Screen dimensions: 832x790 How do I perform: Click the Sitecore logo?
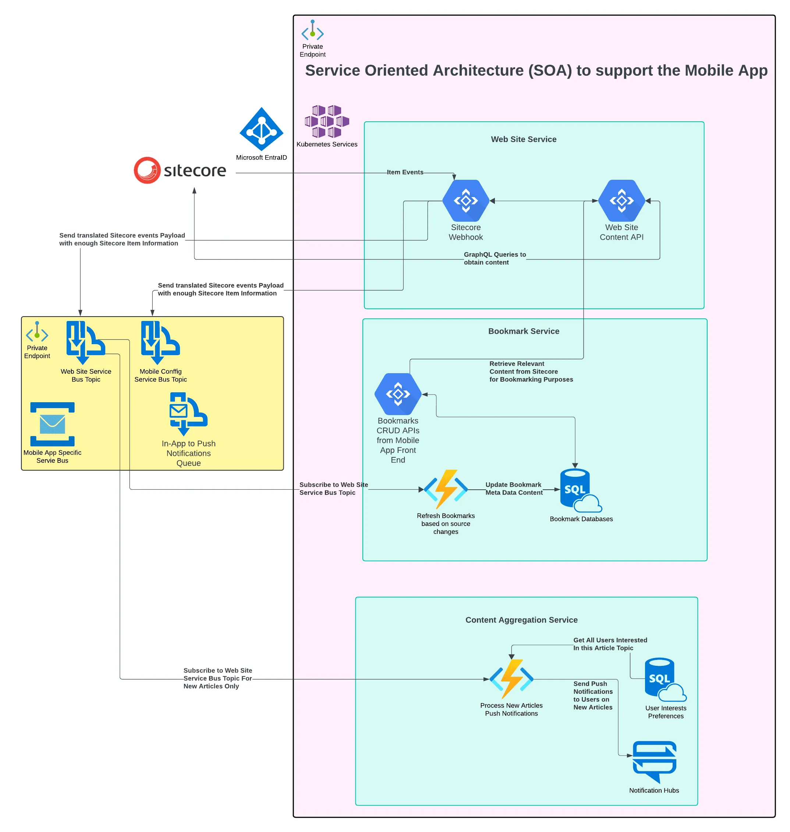click(180, 171)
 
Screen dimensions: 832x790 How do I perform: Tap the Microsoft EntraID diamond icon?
click(261, 129)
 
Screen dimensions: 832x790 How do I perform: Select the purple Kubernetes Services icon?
click(327, 121)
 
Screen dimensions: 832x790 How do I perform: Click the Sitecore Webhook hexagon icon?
click(465, 201)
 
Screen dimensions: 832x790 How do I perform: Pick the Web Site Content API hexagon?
click(621, 201)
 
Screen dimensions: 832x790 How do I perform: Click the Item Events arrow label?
click(405, 172)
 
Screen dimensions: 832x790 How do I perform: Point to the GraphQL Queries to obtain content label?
click(495, 258)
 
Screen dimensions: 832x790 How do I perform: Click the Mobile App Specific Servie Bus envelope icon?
click(52, 424)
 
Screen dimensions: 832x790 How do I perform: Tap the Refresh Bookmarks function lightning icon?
click(446, 489)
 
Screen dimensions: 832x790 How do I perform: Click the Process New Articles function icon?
click(511, 679)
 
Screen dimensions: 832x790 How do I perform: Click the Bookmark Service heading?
click(524, 331)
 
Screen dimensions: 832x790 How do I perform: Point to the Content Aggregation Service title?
click(521, 620)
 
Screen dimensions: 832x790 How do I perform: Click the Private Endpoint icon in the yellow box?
click(37, 331)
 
